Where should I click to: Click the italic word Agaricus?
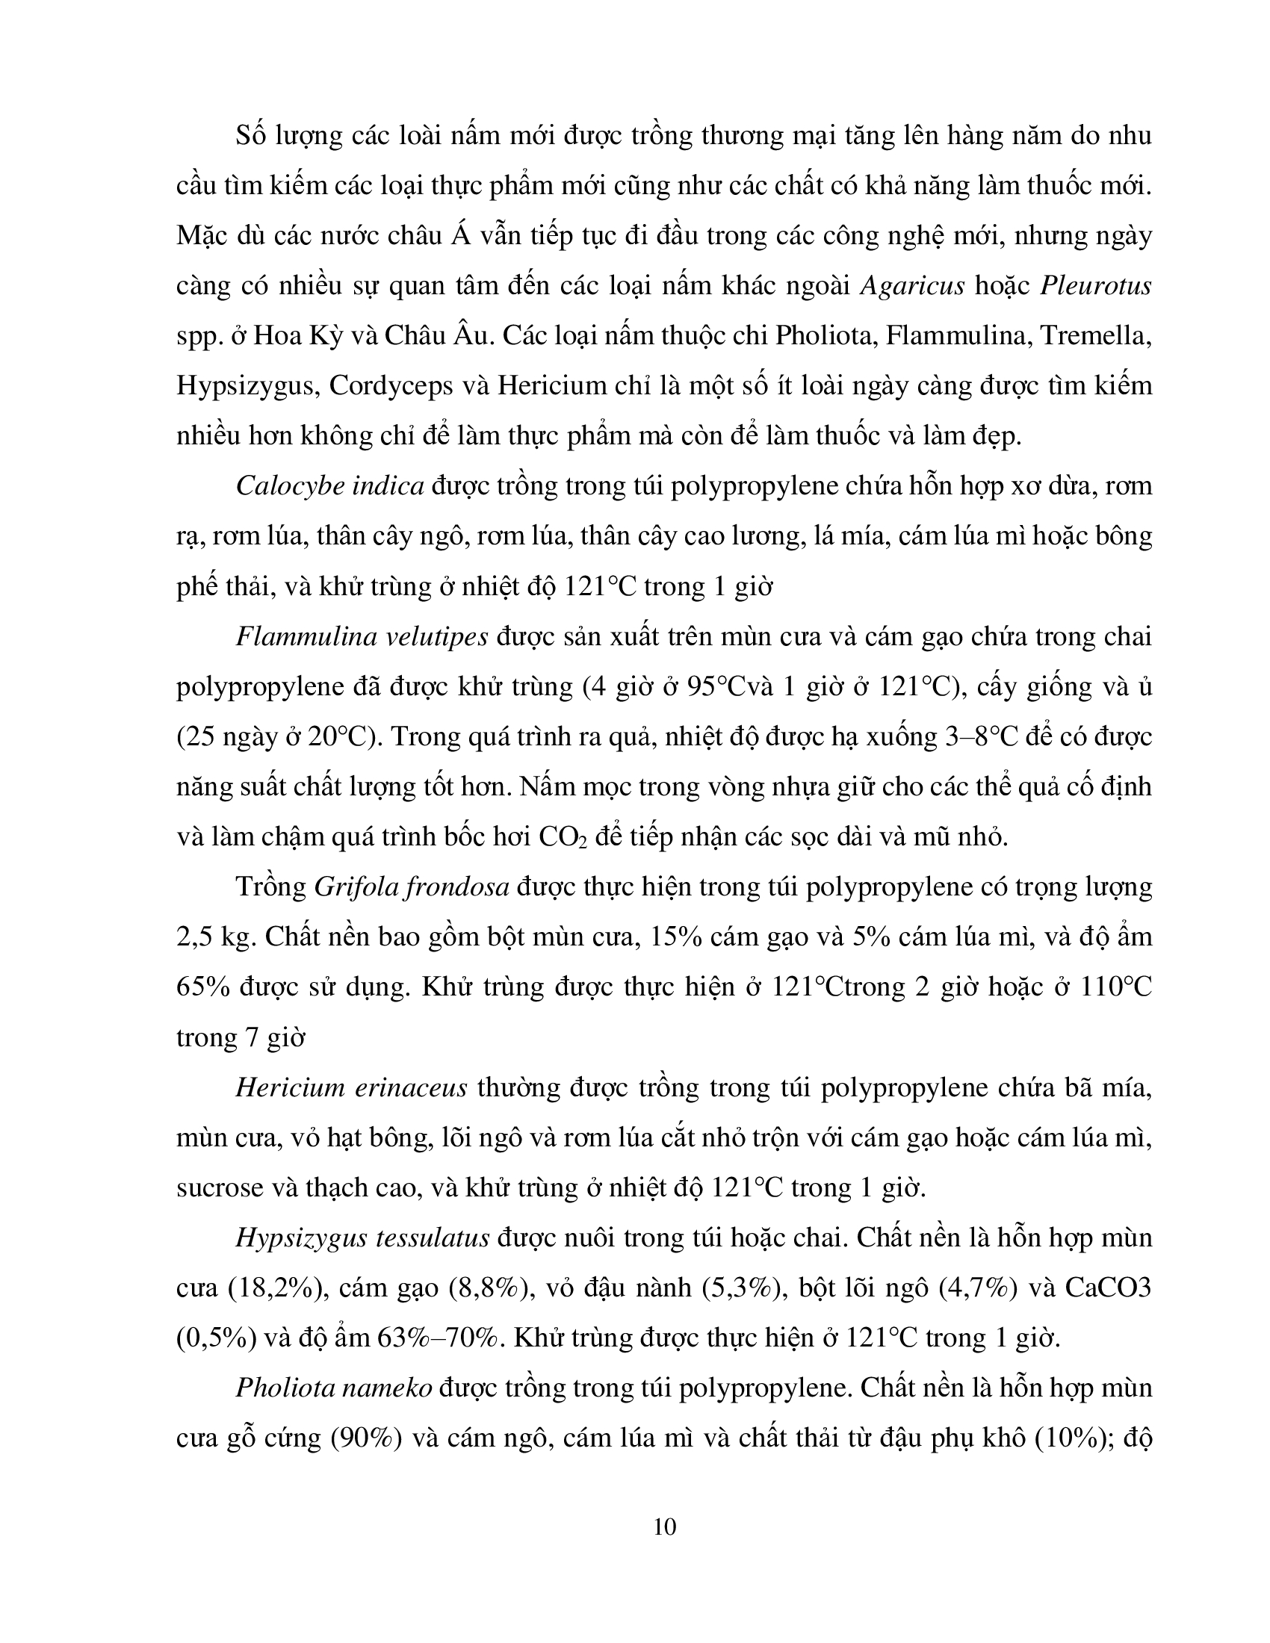point(911,287)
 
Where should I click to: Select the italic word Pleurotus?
point(1095,287)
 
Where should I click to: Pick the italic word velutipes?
point(436,637)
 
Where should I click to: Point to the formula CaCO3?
point(1108,1288)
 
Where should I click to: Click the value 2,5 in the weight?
point(196,938)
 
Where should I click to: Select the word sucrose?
point(220,1189)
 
